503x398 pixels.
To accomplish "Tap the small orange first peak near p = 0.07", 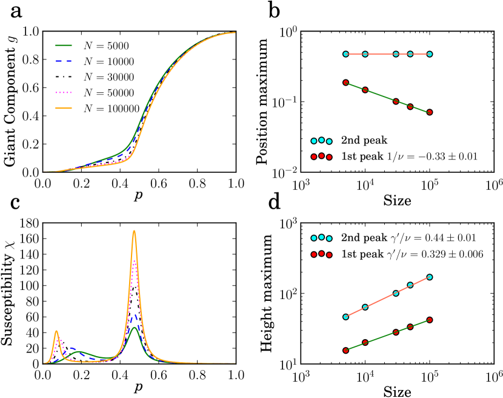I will click(x=56, y=331).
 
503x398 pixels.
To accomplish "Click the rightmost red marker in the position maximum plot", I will click(x=430, y=112).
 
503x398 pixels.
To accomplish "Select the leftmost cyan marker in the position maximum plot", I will click(x=345, y=54).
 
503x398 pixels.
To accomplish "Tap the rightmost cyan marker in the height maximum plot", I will click(x=430, y=277).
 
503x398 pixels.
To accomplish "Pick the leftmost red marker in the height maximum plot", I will click(x=345, y=350).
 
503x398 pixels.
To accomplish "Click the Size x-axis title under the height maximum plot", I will click(x=396, y=391).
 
